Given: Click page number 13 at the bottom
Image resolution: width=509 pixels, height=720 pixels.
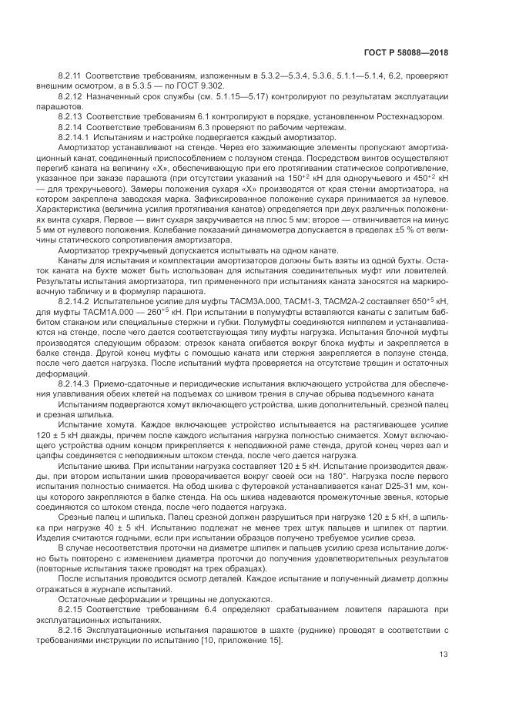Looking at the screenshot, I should pos(444,655).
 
